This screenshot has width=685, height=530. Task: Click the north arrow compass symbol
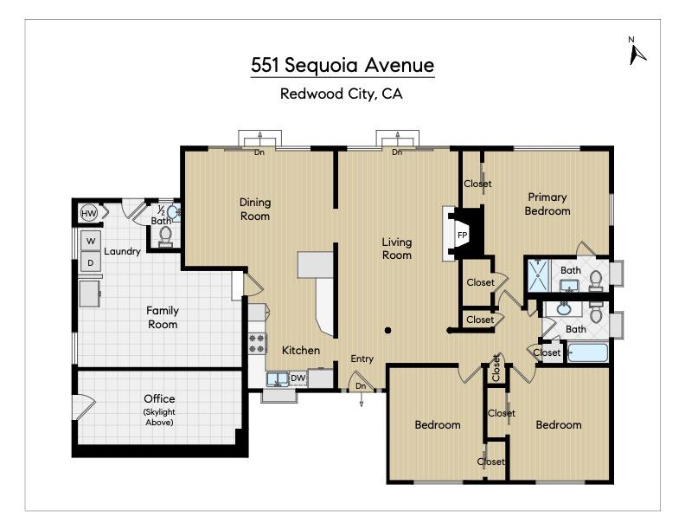point(637,52)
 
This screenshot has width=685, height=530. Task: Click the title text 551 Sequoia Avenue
point(342,65)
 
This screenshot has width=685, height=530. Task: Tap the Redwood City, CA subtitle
point(342,94)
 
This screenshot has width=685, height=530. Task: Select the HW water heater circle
point(89,213)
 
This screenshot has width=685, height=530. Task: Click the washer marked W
point(90,241)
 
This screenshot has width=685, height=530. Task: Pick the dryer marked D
point(90,262)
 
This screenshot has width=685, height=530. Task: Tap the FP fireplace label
point(462,235)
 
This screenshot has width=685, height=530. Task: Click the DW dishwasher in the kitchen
point(297,378)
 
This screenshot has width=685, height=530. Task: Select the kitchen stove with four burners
point(258,343)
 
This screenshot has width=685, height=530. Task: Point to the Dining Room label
point(255,209)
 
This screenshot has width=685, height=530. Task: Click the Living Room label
point(397,249)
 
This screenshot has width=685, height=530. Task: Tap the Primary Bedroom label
point(548,204)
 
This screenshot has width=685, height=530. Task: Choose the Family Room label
point(163,317)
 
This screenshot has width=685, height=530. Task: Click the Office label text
point(159,399)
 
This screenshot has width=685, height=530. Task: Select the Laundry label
point(122,252)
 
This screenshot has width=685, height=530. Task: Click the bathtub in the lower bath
point(588,353)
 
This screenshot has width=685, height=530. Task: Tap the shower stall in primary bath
point(539,275)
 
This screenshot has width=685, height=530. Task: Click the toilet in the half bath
point(166,233)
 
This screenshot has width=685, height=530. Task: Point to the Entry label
point(362,359)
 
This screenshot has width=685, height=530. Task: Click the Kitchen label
point(301,351)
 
